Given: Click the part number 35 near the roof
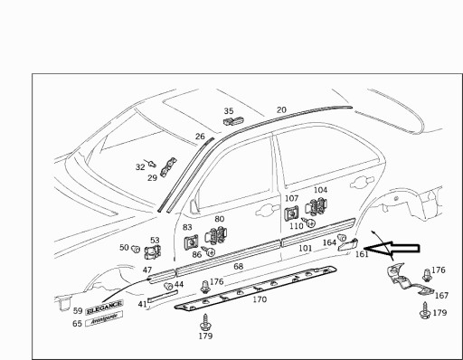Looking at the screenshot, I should coord(229,111).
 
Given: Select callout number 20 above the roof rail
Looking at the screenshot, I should coord(281,109).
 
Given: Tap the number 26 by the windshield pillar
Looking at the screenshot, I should coord(200,137).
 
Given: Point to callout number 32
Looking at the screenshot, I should coord(140,167).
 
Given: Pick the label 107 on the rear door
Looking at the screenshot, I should coord(291,198).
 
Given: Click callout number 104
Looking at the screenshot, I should coord(320,191).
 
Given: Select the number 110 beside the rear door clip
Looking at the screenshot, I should coord(297,225).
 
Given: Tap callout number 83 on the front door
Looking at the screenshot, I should coord(187,228).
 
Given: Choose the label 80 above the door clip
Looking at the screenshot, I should coord(219,220).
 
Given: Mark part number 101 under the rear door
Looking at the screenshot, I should coord(305,247).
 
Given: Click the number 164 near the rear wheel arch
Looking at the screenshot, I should coord(329,242).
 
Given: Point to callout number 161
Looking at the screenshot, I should coord(362,254).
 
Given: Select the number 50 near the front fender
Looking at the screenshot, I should coord(124,247).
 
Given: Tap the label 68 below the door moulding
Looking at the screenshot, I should coord(239,267).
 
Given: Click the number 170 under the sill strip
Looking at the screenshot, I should coord(260,298).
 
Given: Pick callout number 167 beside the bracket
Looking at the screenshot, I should coord(441,295).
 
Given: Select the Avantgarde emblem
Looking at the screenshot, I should coord(102,322).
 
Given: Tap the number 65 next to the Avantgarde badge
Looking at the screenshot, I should coord(77,323).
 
